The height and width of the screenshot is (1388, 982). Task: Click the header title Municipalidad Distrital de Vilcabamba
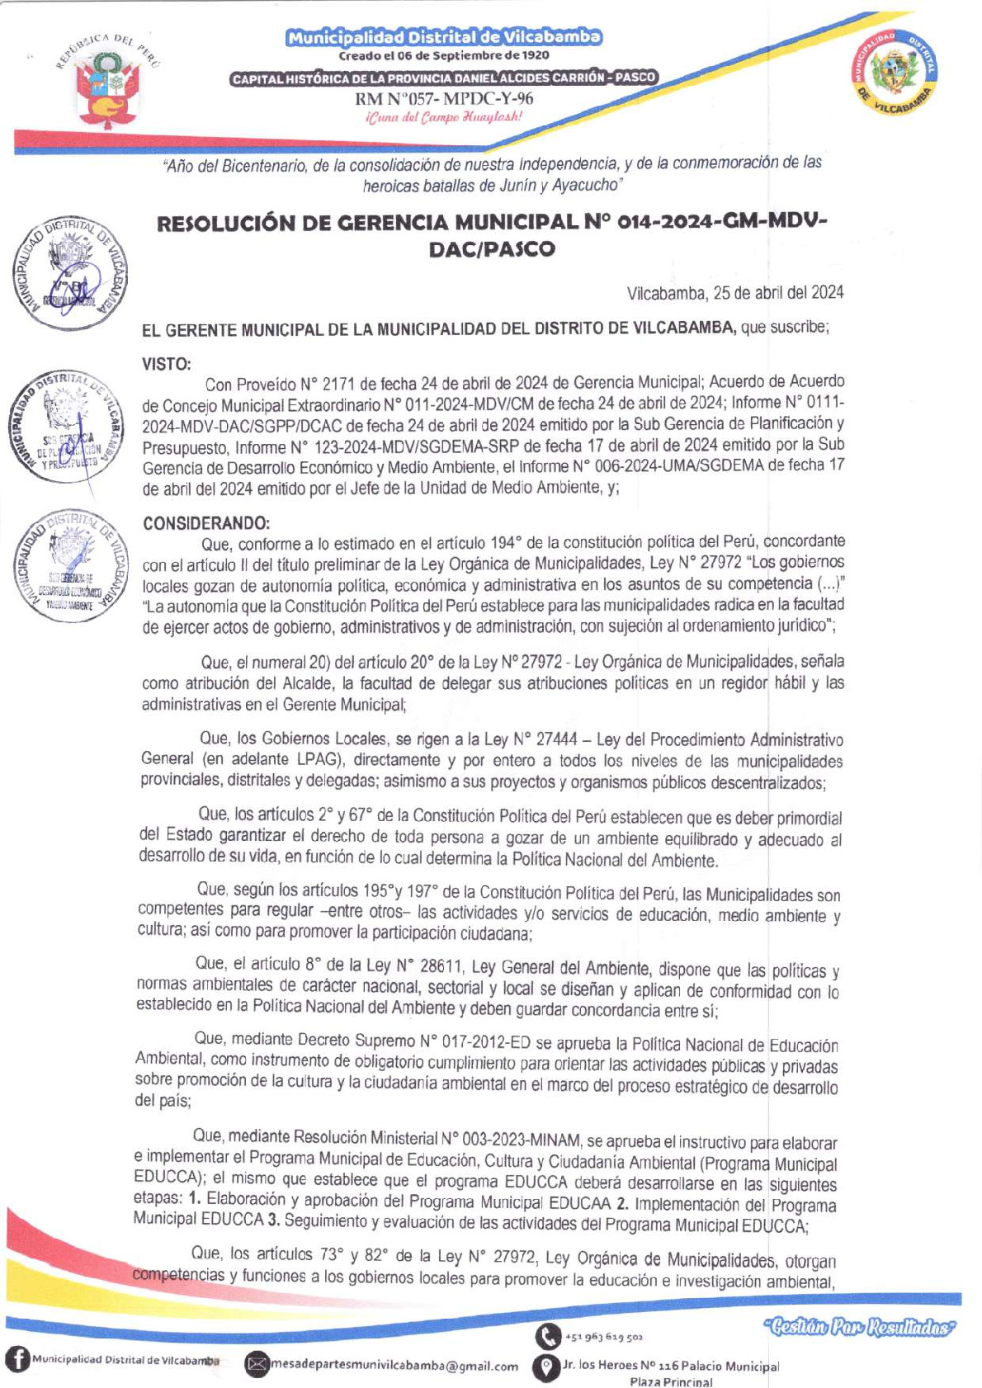(444, 37)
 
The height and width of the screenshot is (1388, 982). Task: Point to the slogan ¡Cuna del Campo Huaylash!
(444, 117)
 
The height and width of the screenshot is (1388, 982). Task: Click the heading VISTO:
(167, 363)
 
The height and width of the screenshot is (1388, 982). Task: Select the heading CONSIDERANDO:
(205, 523)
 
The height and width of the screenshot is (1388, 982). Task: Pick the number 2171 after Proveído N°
(339, 384)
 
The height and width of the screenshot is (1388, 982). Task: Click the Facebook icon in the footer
(17, 1360)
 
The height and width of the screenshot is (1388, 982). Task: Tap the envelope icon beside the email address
(257, 1365)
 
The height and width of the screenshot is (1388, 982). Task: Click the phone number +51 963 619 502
(604, 1337)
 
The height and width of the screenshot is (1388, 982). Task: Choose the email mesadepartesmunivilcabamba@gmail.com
(395, 1366)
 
